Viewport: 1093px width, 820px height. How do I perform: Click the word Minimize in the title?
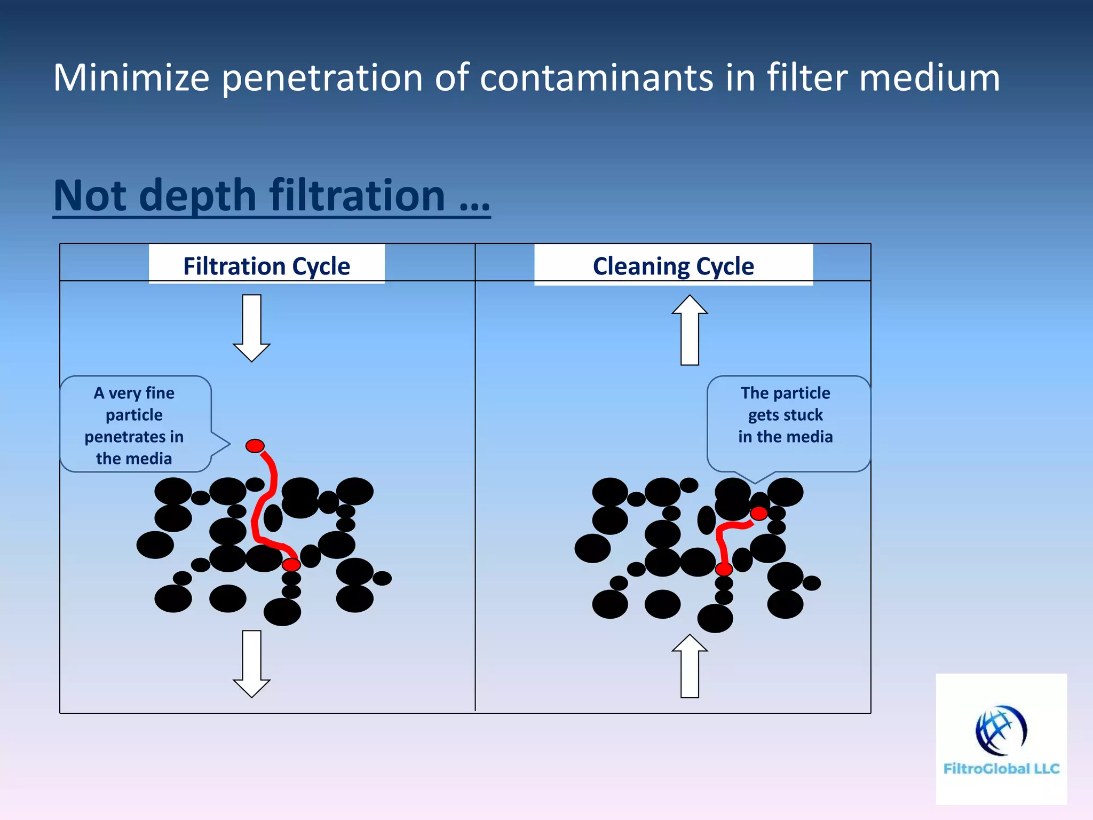click(x=131, y=78)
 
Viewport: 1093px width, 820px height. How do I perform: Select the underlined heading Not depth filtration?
click(x=271, y=196)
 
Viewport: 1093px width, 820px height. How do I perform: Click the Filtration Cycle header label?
click(x=266, y=265)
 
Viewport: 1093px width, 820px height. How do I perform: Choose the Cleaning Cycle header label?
click(x=673, y=265)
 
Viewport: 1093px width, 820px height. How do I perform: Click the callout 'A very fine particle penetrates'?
click(x=136, y=424)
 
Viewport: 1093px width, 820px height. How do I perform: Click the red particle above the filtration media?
click(x=255, y=446)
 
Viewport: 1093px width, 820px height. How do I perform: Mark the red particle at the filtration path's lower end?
click(x=291, y=564)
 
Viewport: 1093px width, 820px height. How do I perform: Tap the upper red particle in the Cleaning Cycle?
click(x=759, y=514)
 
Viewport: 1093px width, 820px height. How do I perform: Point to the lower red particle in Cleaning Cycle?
click(x=724, y=569)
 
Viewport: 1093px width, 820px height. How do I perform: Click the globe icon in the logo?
click(x=1001, y=730)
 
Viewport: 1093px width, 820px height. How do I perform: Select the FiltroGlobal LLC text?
click(x=1001, y=769)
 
